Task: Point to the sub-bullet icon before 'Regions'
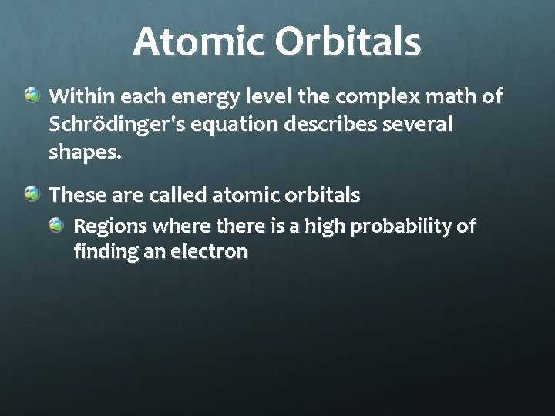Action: (56, 226)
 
